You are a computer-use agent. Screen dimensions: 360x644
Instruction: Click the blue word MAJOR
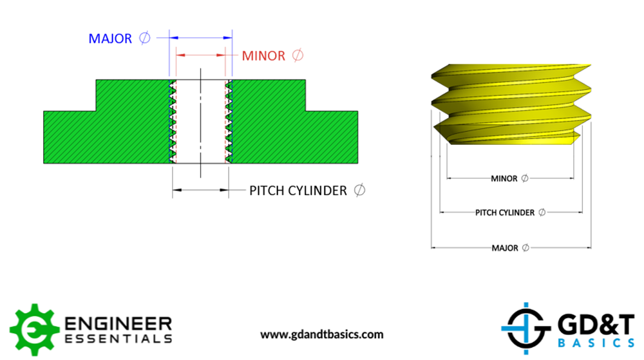[x=110, y=39]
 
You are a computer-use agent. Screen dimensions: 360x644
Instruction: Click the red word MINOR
[x=263, y=56]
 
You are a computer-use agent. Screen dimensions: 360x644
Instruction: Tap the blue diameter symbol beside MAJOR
[x=144, y=39]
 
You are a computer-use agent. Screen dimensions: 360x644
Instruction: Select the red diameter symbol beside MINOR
[x=297, y=56]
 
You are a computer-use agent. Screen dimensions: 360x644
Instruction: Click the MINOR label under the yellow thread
[x=504, y=178]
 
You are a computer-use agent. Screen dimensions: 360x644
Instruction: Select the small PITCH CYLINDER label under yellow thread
[x=505, y=213]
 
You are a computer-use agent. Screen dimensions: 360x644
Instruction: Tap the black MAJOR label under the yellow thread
[x=505, y=248]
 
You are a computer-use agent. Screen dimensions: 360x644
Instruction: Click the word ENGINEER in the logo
[x=120, y=322]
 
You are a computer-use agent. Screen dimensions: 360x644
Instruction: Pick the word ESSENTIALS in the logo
[x=120, y=338]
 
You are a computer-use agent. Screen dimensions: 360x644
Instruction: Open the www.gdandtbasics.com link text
[x=321, y=335]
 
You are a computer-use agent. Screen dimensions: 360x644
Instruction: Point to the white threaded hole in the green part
[x=201, y=122]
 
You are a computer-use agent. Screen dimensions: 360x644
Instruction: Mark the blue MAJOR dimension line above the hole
[x=200, y=37]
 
